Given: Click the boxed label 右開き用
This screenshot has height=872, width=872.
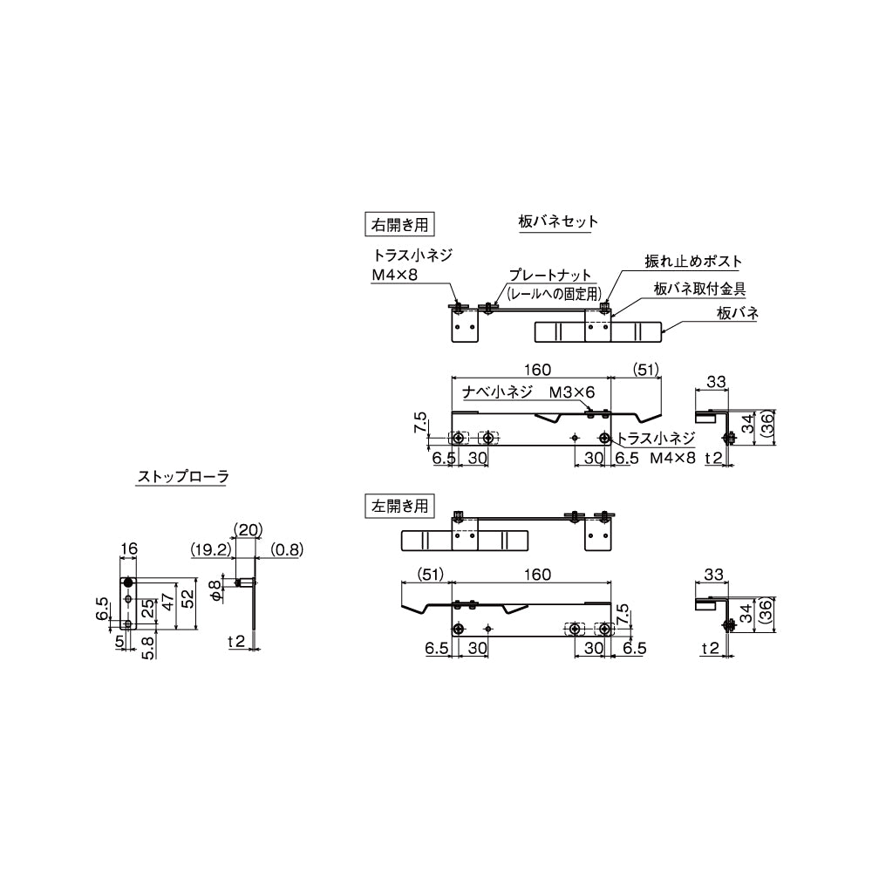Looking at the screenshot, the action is (x=399, y=225).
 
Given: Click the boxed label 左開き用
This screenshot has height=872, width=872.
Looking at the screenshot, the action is (x=399, y=506).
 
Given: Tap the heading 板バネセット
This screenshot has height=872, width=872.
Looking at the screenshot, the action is (x=558, y=221).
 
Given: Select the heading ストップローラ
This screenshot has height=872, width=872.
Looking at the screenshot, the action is (x=183, y=477).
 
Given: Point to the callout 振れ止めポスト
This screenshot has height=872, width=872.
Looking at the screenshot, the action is (x=693, y=261).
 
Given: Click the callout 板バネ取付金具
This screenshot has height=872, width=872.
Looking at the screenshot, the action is (x=699, y=289).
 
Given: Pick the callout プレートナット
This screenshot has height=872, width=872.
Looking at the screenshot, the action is (x=550, y=275).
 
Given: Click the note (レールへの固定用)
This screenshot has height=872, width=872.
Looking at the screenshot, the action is (x=555, y=292).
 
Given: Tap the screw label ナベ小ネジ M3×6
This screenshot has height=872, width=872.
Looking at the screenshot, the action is (x=528, y=392).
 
